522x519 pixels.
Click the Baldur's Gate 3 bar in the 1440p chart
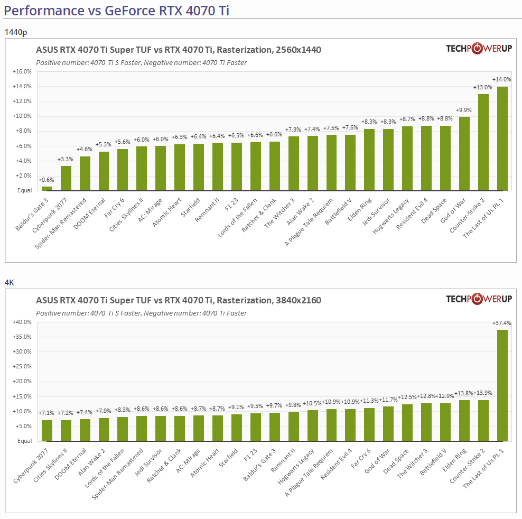(x=47, y=188)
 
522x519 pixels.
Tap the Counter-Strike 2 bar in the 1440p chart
(x=483, y=142)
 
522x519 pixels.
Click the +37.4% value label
(x=502, y=323)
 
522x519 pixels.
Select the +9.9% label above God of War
(x=464, y=110)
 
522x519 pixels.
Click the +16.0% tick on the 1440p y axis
(x=22, y=71)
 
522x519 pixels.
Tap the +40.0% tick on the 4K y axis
(x=22, y=322)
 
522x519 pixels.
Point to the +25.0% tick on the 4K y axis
(x=22, y=366)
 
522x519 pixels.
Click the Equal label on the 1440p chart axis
(x=24, y=190)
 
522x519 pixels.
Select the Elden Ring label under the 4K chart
(x=454, y=458)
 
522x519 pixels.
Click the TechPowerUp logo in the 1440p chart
(x=479, y=49)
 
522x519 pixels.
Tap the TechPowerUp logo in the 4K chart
(x=479, y=299)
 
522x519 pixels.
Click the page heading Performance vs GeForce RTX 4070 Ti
(x=116, y=10)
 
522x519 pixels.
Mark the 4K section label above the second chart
(x=9, y=283)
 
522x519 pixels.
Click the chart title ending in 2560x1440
(x=178, y=50)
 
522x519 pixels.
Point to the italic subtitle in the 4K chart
(x=141, y=313)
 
